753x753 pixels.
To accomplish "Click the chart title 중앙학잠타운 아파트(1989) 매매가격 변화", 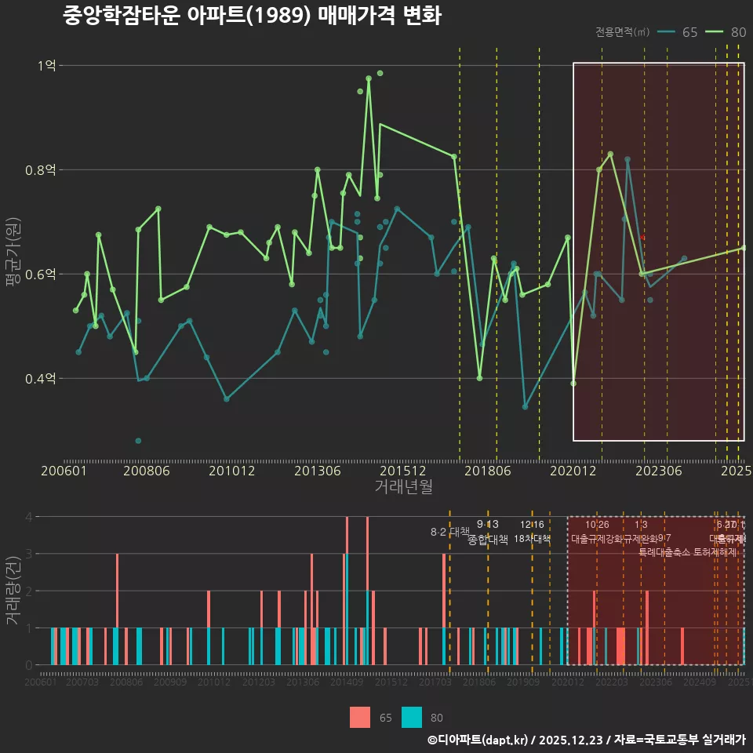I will click(x=252, y=16).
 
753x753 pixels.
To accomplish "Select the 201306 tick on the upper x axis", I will click(x=317, y=471).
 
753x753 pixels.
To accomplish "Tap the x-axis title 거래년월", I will click(x=403, y=487).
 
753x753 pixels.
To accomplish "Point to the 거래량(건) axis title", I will click(x=13, y=591).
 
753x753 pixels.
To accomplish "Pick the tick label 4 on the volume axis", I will click(x=28, y=517).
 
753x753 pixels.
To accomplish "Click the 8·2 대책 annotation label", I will click(x=449, y=532).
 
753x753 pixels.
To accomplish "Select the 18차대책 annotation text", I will click(x=532, y=539).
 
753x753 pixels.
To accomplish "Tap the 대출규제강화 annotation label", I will click(x=596, y=539).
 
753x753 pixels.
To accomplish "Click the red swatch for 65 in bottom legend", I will click(x=360, y=717).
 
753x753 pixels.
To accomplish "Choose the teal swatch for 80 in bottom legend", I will click(x=412, y=717).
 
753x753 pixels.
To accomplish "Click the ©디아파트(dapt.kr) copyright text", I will click(x=478, y=740).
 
